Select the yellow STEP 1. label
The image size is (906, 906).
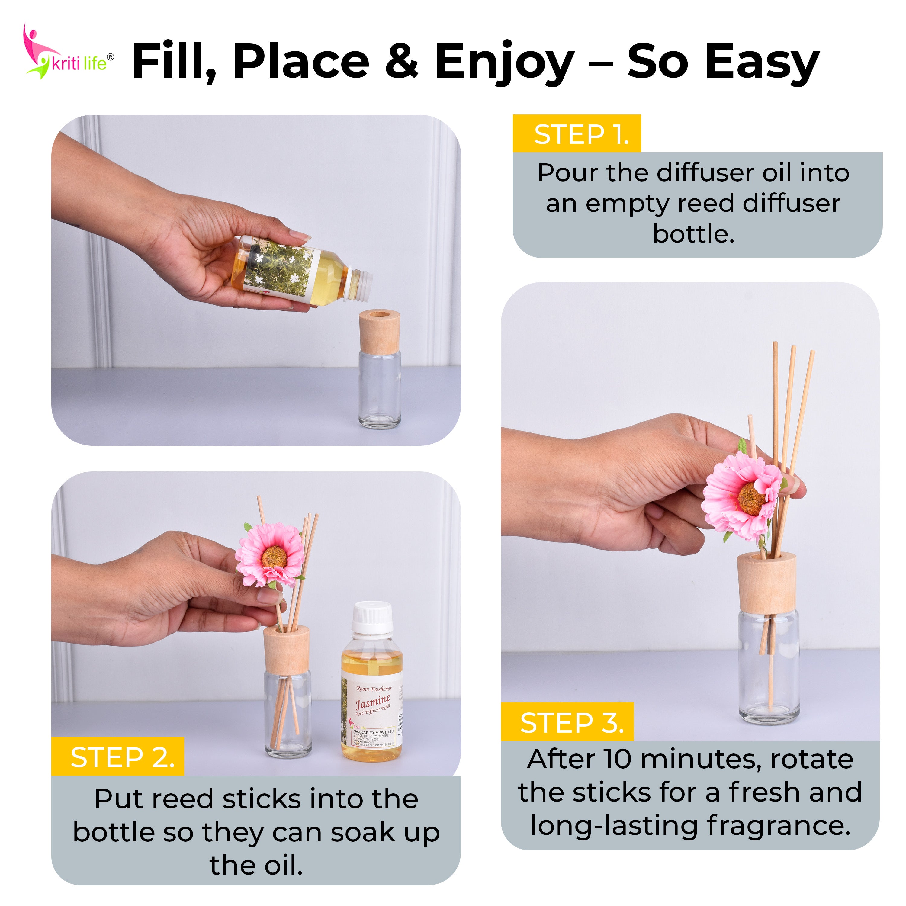pyautogui.click(x=577, y=135)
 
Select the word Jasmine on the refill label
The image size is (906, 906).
pyautogui.click(x=372, y=702)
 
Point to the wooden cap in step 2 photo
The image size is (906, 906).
pyautogui.click(x=286, y=650)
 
